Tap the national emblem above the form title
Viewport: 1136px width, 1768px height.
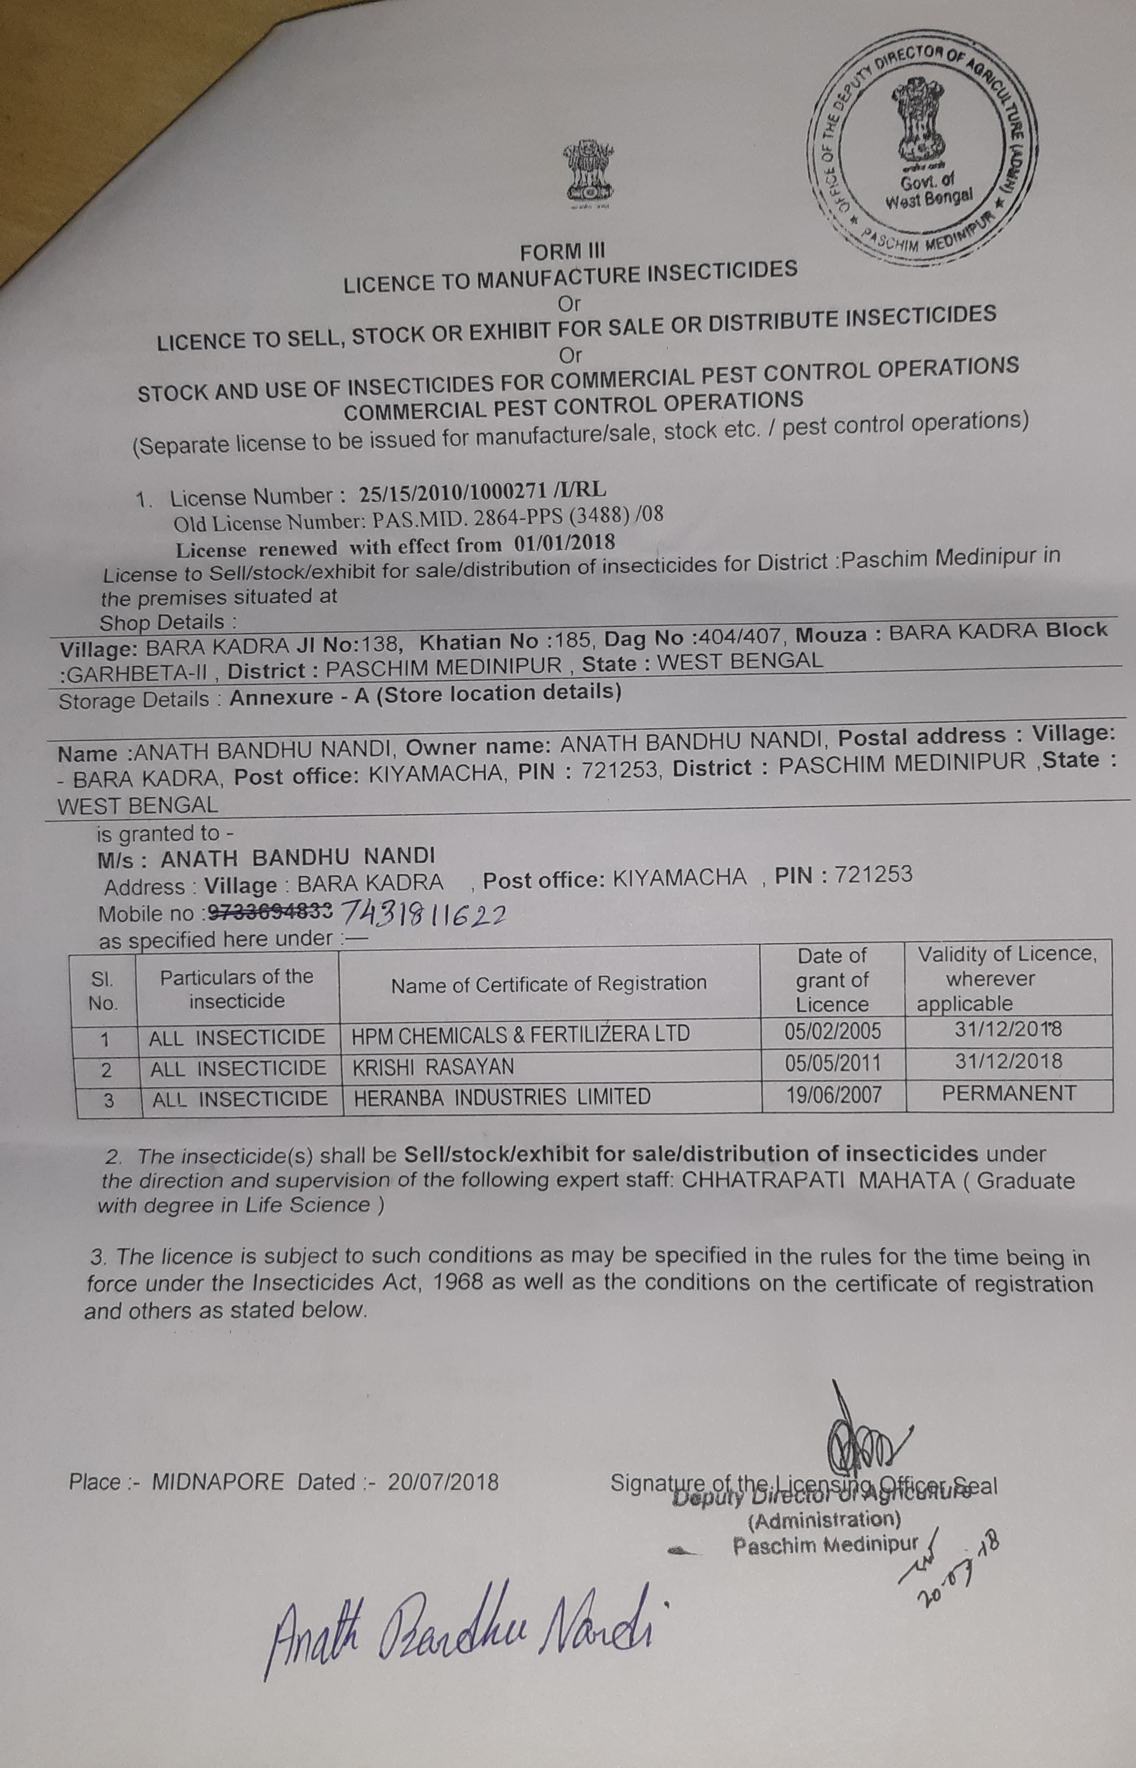click(x=588, y=174)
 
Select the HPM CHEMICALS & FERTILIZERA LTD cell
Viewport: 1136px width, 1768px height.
click(x=521, y=1033)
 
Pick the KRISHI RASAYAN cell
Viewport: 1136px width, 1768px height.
click(x=434, y=1067)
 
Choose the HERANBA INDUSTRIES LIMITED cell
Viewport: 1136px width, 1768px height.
click(x=502, y=1097)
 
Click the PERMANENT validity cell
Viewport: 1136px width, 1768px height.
click(x=1009, y=1093)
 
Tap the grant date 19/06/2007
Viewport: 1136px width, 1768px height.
click(x=833, y=1095)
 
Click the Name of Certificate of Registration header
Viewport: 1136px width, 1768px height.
click(x=549, y=983)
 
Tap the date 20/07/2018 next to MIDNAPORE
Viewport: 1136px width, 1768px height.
click(x=443, y=1482)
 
